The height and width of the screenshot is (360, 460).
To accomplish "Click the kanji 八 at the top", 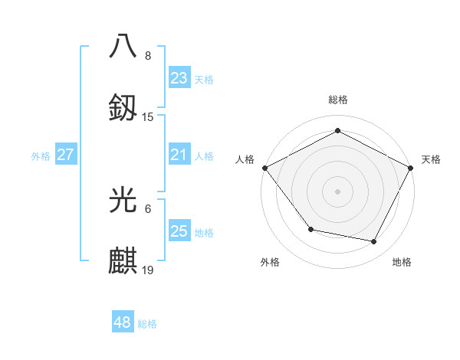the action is click(123, 45).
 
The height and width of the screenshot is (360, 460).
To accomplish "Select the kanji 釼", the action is click(123, 107).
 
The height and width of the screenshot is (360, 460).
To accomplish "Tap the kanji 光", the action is click(123, 199).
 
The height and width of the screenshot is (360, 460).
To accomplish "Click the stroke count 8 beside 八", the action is click(148, 56).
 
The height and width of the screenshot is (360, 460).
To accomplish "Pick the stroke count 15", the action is click(148, 117).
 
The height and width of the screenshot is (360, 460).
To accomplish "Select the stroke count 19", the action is click(148, 270).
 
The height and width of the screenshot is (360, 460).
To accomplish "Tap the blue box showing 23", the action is click(179, 78).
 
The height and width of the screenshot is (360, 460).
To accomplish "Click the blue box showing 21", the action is click(179, 155).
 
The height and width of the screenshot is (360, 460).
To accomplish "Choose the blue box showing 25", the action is click(179, 231).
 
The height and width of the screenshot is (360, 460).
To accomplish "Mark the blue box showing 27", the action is click(65, 155).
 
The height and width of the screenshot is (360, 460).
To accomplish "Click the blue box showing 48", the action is click(123, 322).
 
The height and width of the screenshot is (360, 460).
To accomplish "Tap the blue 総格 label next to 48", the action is click(147, 324).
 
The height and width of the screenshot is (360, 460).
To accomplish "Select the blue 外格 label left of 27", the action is click(41, 156).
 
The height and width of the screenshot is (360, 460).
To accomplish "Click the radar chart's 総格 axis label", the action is click(338, 100).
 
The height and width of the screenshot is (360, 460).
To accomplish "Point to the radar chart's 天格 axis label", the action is click(431, 159).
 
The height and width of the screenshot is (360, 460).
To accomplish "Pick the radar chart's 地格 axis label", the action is click(402, 262).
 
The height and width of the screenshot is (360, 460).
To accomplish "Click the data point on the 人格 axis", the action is click(265, 167).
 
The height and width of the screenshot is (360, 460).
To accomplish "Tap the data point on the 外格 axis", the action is click(310, 229).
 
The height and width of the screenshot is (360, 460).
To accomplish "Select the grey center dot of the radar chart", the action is click(338, 191).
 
